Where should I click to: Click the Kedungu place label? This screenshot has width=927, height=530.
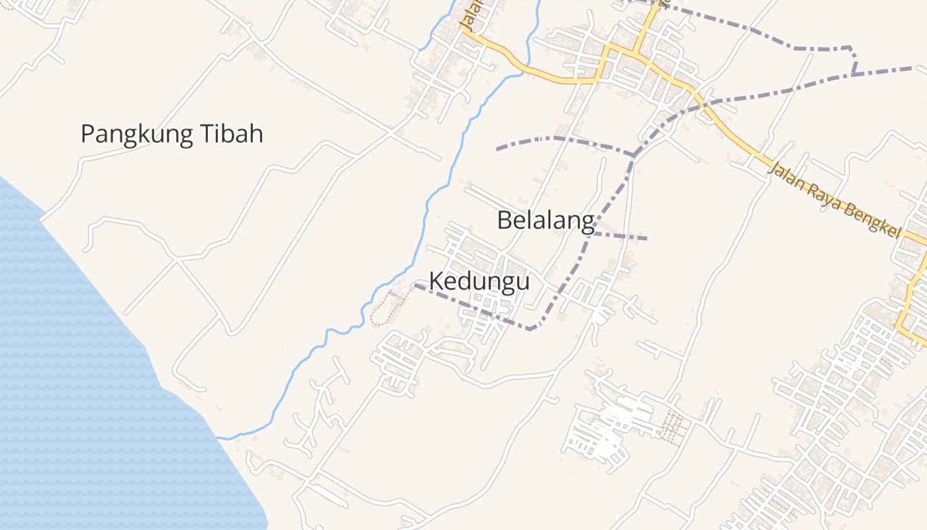pos(479,282)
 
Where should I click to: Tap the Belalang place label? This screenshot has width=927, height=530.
pos(545,221)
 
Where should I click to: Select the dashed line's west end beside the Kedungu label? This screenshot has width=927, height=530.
pos(416,286)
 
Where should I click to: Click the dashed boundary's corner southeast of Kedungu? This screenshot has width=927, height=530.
pos(530,329)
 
